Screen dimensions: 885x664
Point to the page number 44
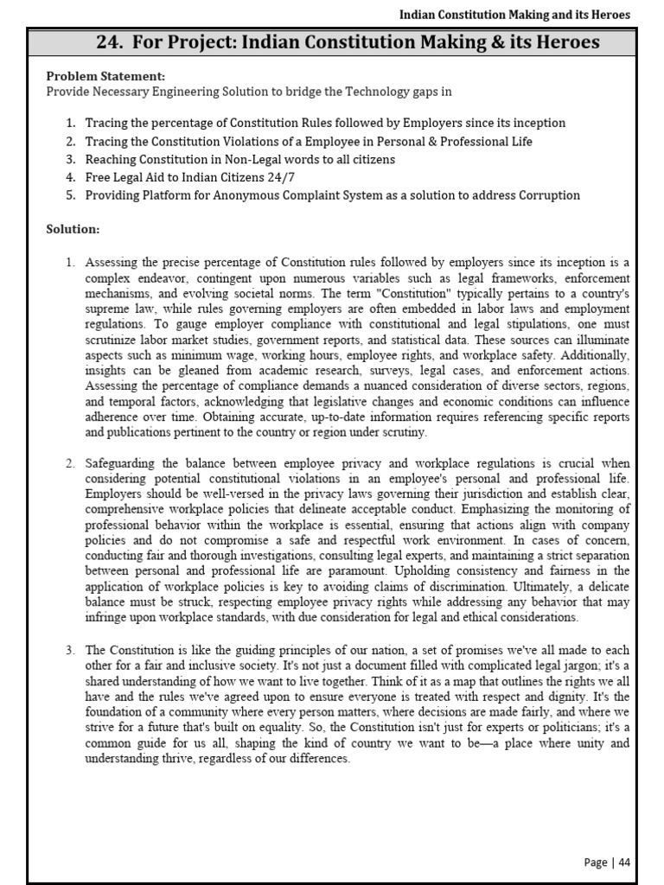click(x=623, y=862)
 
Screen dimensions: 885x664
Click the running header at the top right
click(x=514, y=15)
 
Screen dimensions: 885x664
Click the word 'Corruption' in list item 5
click(x=549, y=194)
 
